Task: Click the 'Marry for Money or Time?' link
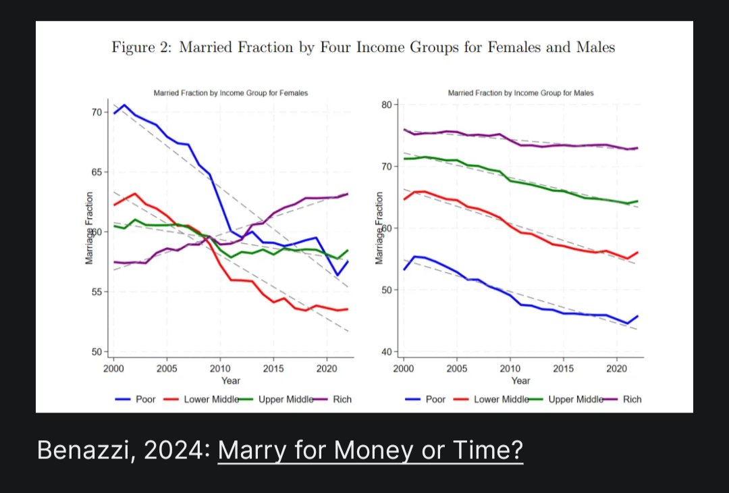tap(370, 450)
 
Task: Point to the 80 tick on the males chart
tap(387, 105)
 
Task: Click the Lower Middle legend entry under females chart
tap(211, 399)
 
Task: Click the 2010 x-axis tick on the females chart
tap(219, 369)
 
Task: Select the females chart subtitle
tap(231, 93)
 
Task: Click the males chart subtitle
tap(520, 93)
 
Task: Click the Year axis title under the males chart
tap(520, 381)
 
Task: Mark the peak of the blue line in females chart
tap(124, 105)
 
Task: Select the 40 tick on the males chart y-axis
tap(387, 352)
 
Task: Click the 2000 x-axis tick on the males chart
tap(404, 369)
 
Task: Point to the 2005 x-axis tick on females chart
tap(167, 369)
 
